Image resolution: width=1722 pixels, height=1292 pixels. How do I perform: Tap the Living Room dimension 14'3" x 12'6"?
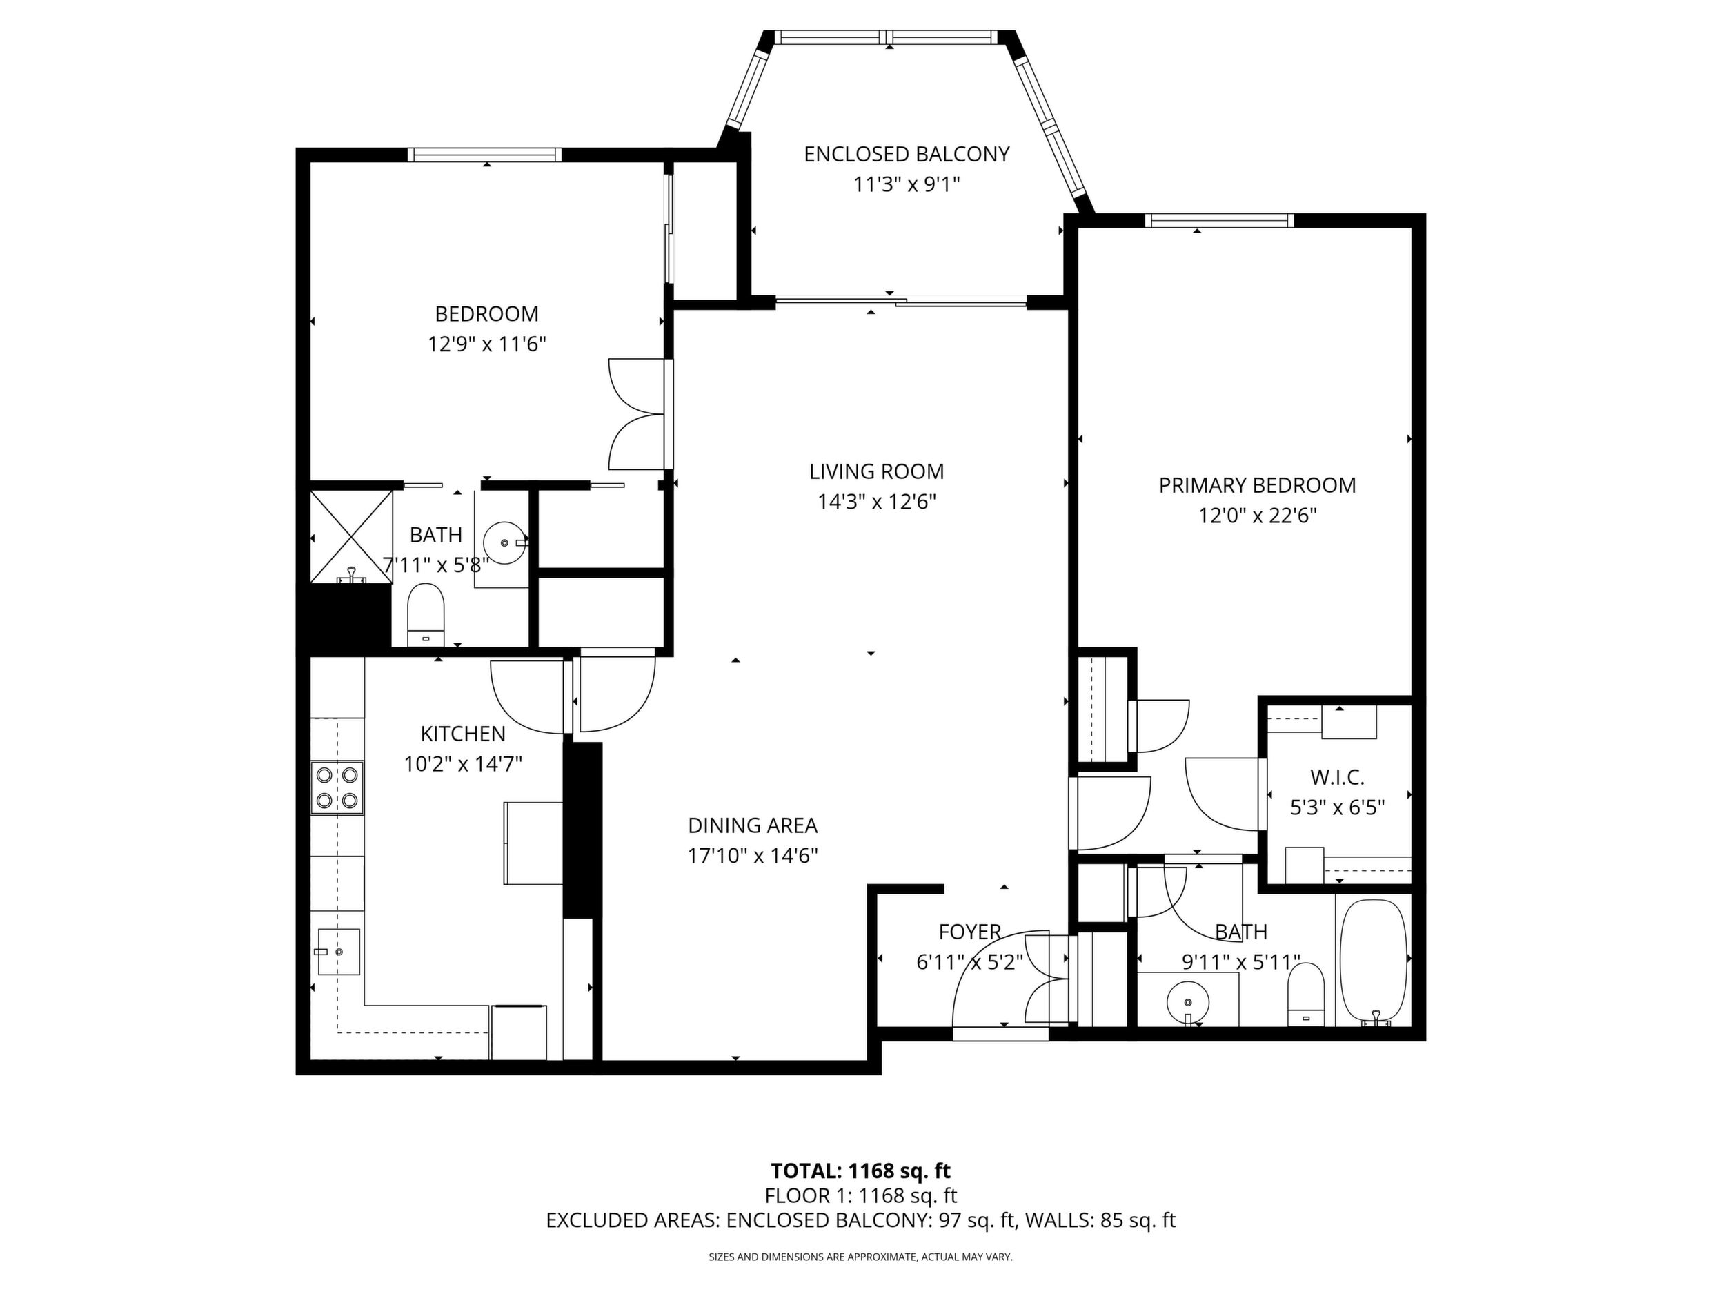(877, 502)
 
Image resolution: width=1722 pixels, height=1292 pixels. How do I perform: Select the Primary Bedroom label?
(1257, 485)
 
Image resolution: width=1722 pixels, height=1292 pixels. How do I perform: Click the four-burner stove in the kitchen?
(338, 787)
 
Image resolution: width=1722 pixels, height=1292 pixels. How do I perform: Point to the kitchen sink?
(339, 952)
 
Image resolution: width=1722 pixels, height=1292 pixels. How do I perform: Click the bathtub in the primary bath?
(1374, 963)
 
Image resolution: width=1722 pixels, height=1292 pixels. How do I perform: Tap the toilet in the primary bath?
(1306, 995)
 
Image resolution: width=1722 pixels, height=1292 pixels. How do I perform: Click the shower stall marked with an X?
(351, 536)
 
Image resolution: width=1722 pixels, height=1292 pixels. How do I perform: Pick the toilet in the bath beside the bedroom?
(426, 614)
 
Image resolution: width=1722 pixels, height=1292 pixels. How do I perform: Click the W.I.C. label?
(1338, 777)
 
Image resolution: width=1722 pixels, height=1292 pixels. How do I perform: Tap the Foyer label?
(969, 932)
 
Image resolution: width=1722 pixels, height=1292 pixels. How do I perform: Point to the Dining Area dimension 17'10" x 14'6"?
(753, 856)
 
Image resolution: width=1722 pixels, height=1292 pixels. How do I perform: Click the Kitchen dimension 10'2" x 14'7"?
(463, 764)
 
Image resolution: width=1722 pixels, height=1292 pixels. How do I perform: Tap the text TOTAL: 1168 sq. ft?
(861, 1171)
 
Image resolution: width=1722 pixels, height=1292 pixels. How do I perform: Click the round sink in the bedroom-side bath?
(504, 541)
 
